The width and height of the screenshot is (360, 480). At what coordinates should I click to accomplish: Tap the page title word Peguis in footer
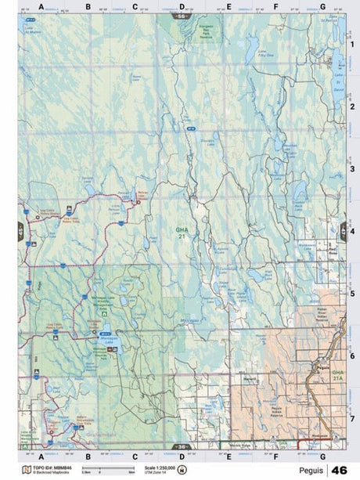click(307, 470)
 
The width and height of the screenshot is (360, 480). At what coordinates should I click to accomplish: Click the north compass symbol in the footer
click(183, 470)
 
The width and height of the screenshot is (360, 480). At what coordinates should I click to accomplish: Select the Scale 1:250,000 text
click(160, 467)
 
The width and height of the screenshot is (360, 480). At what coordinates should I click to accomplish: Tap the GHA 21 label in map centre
click(182, 232)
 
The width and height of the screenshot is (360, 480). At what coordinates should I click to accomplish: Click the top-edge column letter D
click(182, 6)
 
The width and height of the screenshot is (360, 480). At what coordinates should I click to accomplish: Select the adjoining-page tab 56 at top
click(182, 16)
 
